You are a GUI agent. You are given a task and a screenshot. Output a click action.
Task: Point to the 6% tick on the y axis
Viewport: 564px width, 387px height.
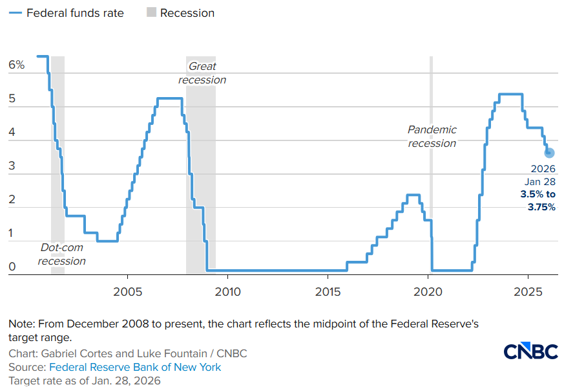tap(17, 65)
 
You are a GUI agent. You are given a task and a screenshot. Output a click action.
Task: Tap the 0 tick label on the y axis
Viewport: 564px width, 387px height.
tap(12, 267)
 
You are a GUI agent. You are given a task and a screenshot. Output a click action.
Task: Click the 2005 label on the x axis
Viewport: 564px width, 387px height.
tap(127, 292)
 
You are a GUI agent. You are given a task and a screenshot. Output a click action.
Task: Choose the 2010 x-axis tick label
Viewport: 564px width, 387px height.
tap(227, 292)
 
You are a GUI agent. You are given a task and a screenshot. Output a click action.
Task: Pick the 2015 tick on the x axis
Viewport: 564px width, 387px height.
tap(328, 292)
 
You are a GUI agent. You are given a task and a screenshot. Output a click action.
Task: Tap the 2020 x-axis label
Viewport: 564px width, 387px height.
tap(429, 292)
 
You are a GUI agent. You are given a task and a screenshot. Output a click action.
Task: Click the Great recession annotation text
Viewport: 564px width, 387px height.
tap(202, 73)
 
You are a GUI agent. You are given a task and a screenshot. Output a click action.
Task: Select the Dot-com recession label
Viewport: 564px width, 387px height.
tap(61, 254)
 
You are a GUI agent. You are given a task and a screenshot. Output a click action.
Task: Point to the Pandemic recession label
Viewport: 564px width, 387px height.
tap(432, 137)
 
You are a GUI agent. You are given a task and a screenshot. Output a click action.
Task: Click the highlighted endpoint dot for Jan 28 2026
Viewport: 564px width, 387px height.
tap(549, 153)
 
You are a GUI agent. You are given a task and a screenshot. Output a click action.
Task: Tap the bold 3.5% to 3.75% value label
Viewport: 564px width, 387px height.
tap(538, 201)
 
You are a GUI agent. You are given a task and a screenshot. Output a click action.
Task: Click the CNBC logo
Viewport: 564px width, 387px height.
tap(530, 352)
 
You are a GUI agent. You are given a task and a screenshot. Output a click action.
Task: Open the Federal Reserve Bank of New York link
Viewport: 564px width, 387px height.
tap(135, 368)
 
